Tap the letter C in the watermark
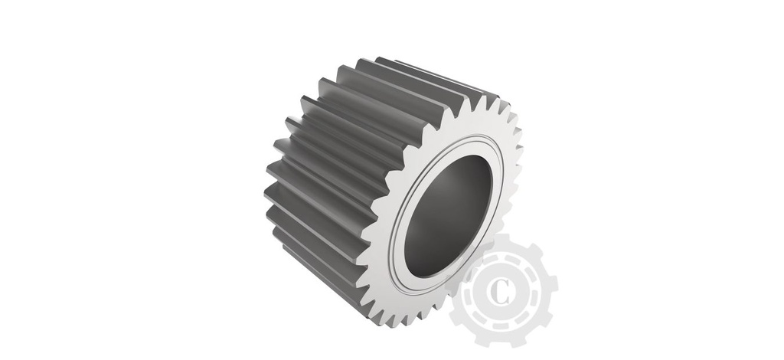tap(501, 291)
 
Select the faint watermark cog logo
tap(501, 291)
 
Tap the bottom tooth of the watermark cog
tap(501, 340)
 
